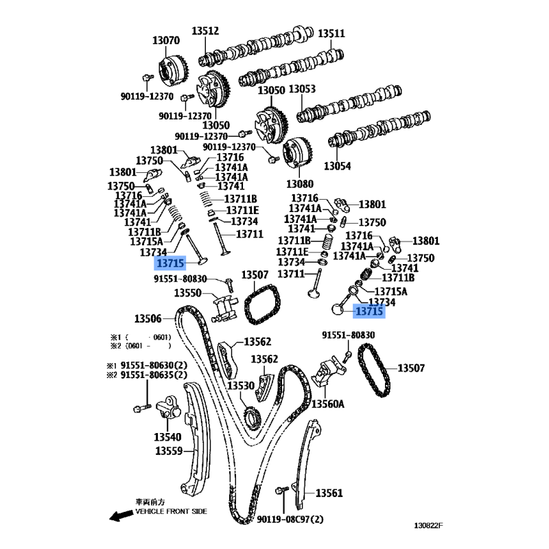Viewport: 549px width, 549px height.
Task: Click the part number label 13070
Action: [166, 40]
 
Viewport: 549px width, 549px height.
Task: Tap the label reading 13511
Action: [331, 33]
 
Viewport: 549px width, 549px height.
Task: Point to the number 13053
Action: [302, 89]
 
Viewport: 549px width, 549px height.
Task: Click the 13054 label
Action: [337, 166]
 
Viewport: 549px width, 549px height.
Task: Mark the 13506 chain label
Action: [148, 318]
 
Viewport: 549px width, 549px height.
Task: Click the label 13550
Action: [187, 293]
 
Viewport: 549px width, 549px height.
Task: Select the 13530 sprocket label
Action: [242, 386]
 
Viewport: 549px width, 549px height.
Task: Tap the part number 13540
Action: [167, 436]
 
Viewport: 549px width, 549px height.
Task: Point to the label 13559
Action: [168, 451]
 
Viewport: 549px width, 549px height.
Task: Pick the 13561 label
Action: [329, 493]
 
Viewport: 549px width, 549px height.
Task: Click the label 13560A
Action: [328, 404]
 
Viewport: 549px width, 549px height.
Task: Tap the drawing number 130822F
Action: [428, 526]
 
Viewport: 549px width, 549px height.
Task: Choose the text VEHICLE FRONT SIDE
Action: [171, 512]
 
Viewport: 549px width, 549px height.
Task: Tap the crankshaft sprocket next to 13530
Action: [252, 417]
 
